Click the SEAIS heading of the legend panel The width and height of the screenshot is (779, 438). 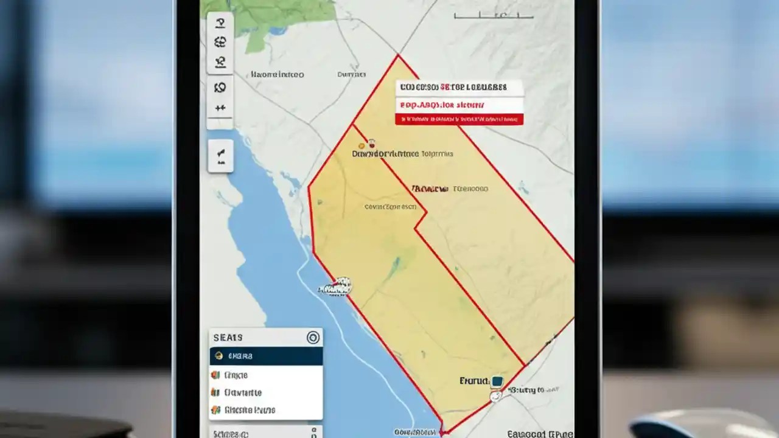point(228,338)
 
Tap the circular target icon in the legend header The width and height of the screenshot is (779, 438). point(313,338)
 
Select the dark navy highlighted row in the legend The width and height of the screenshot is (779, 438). point(266,356)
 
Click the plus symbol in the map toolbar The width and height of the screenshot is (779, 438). point(220,108)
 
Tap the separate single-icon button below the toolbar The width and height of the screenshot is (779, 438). point(220,156)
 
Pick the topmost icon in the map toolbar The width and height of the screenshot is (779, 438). point(220,23)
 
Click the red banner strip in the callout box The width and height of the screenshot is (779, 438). point(459,120)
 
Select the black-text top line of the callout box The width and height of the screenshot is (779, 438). point(459,88)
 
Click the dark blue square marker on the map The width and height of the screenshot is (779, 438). point(497,381)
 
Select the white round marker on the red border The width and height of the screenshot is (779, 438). point(495,396)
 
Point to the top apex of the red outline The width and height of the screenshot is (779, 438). point(398,56)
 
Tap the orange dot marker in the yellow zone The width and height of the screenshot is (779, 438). point(362,145)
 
